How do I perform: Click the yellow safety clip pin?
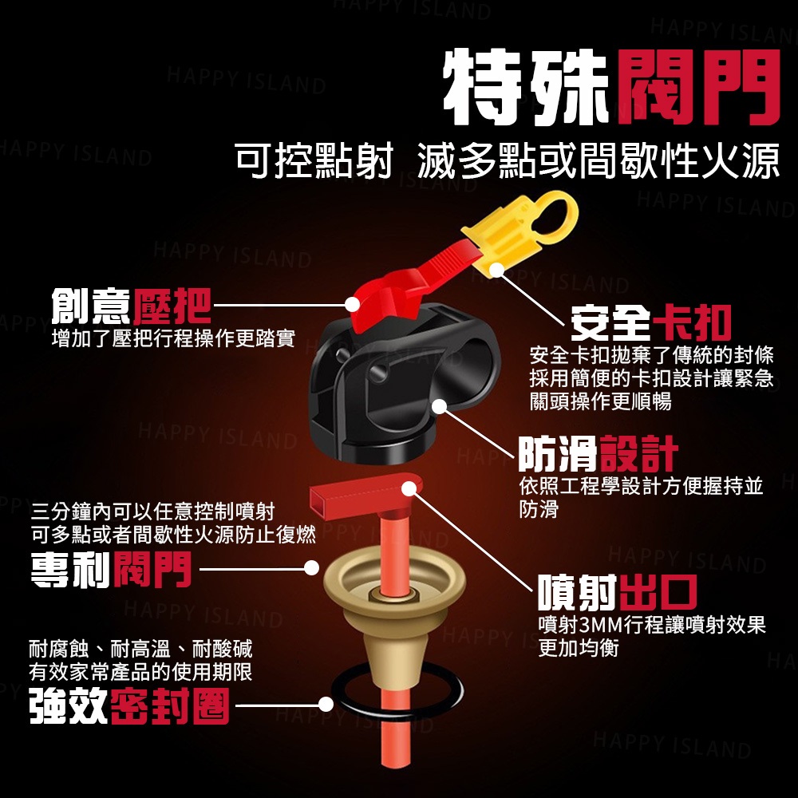point(514,232)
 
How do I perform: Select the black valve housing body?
point(402,385)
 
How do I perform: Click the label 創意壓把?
point(132,306)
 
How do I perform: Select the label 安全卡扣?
point(650,322)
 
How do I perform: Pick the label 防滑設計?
point(598,454)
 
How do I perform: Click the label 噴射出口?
point(618,592)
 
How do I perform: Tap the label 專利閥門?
point(111,570)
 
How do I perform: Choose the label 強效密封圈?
point(129,706)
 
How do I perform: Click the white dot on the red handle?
point(352,304)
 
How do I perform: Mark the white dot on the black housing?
point(439,407)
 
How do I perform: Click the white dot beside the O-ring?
point(326,705)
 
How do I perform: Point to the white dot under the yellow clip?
point(496,271)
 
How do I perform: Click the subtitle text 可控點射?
point(314,161)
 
